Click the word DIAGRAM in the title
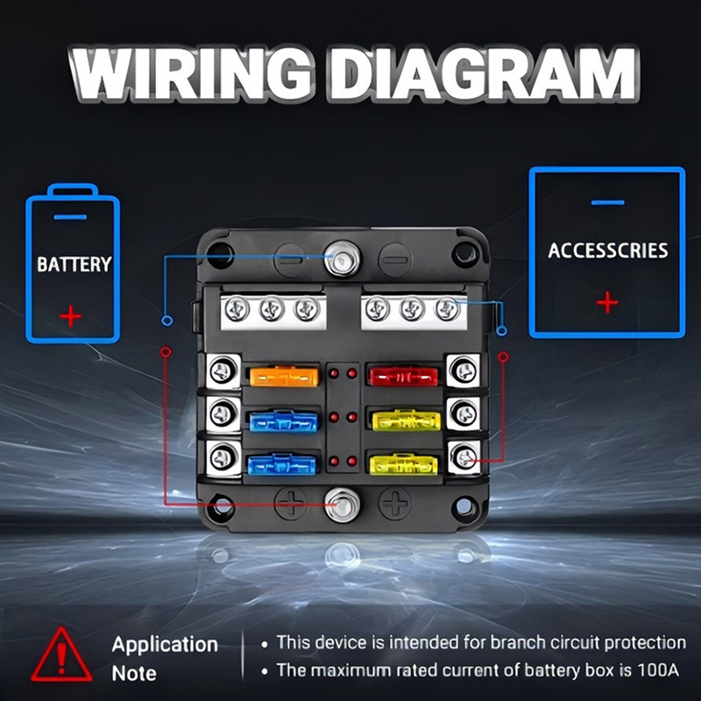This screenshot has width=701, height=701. click(481, 75)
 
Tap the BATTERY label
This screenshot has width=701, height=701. click(74, 264)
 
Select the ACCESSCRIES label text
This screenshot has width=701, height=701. click(607, 251)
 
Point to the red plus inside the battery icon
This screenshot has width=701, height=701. click(71, 314)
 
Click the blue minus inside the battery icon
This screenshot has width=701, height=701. click(71, 216)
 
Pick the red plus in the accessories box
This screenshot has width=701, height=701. click(606, 302)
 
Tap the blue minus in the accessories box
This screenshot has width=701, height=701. click(607, 202)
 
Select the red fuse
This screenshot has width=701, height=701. click(404, 377)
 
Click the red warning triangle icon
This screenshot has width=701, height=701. click(61, 656)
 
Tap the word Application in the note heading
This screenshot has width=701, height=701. click(164, 645)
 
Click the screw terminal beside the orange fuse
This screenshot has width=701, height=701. click(223, 372)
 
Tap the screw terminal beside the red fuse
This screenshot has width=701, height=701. click(463, 372)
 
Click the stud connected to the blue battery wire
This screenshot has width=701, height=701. click(339, 256)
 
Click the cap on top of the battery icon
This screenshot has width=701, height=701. click(72, 189)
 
